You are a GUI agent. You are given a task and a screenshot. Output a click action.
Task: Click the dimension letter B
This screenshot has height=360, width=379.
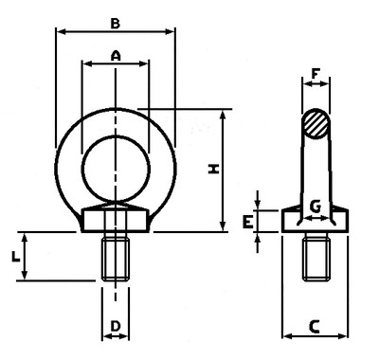(x=116, y=24)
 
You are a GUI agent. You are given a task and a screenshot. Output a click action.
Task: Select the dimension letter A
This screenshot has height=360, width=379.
(x=116, y=56)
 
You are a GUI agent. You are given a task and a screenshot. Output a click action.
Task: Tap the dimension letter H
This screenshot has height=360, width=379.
(x=213, y=170)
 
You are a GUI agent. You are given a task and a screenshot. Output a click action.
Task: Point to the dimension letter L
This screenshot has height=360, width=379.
(x=15, y=256)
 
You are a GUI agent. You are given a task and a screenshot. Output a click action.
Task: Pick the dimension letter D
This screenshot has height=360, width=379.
(x=116, y=326)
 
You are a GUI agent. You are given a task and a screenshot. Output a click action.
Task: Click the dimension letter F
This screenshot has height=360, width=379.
(x=316, y=74)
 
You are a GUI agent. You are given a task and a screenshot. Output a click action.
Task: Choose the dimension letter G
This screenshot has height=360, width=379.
(x=316, y=207)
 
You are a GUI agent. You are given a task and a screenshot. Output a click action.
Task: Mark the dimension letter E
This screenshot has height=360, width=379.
(x=247, y=222)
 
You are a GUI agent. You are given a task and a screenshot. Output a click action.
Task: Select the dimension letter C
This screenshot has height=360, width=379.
(x=315, y=327)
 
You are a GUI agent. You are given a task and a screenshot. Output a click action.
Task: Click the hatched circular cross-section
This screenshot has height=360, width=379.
(x=316, y=123)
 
